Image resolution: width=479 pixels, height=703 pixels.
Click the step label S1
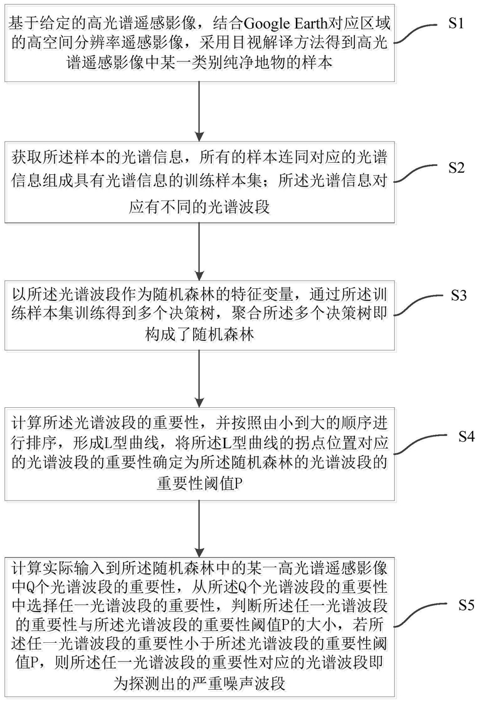(456, 23)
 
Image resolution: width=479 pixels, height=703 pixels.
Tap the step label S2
(456, 168)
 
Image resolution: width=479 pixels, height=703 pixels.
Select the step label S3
(458, 296)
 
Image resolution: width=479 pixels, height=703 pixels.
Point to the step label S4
(466, 436)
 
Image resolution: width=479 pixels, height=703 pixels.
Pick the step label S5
(466, 605)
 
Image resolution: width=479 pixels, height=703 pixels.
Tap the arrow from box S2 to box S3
(199, 251)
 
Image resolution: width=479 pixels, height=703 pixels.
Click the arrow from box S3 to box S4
(199, 379)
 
